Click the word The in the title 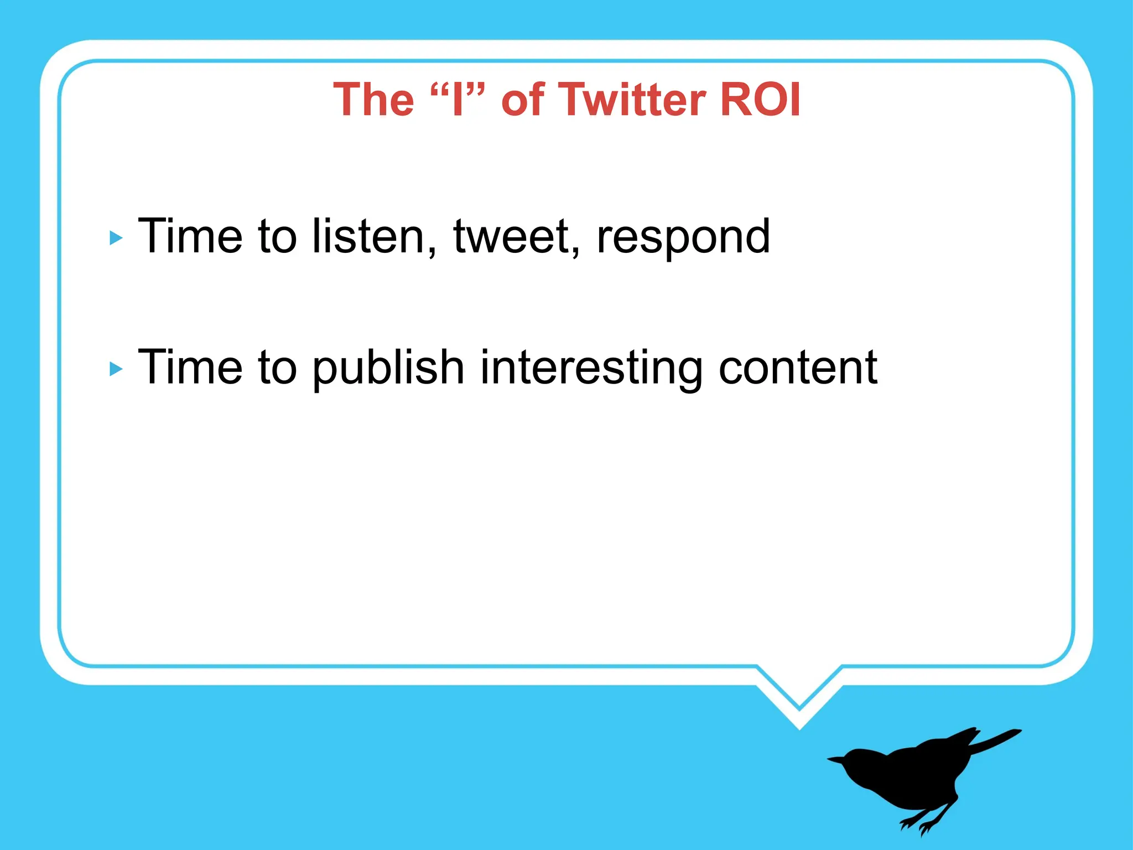(374, 100)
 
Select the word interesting (591, 369)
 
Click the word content (798, 367)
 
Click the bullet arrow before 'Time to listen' (116, 239)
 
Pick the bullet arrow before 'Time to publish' (116, 369)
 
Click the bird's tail (996, 739)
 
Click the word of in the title (522, 100)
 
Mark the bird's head (860, 763)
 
